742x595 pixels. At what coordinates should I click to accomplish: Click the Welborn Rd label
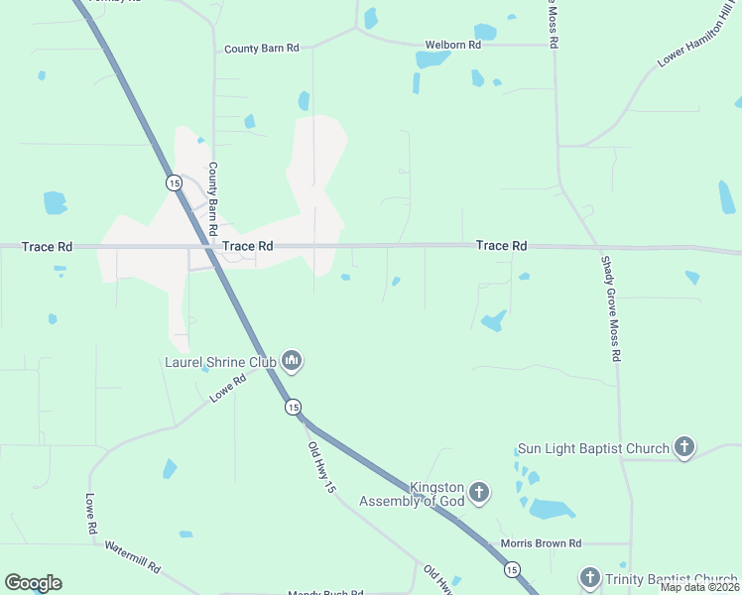click(x=452, y=45)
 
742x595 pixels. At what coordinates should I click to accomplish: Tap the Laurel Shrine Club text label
click(x=220, y=362)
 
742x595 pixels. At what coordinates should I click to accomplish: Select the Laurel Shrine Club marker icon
click(x=292, y=360)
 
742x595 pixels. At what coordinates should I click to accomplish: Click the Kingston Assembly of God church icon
click(x=479, y=493)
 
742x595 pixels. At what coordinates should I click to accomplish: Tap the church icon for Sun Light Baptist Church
click(x=684, y=447)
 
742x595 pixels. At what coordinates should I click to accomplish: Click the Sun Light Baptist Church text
click(x=593, y=449)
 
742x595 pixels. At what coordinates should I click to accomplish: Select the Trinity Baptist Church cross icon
click(x=590, y=578)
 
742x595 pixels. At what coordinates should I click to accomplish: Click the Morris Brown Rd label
click(x=541, y=543)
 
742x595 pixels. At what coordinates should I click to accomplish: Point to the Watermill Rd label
click(x=132, y=557)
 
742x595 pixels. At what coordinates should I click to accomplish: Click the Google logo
click(x=33, y=583)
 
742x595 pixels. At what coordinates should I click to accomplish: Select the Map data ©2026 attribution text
click(x=699, y=587)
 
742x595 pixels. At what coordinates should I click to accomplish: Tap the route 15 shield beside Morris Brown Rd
click(x=511, y=569)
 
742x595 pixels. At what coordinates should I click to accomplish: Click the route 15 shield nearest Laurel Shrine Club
click(x=293, y=407)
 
